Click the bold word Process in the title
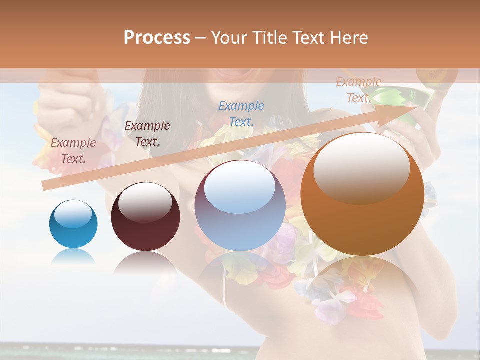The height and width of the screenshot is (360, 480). point(157,38)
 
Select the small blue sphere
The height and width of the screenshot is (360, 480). point(73,224)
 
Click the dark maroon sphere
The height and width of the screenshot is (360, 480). point(145,217)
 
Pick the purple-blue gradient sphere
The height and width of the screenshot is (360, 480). point(240,206)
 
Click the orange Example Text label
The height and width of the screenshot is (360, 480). point(358,90)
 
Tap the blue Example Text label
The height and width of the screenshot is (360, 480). point(241,113)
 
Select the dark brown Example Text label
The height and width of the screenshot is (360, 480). point(147,133)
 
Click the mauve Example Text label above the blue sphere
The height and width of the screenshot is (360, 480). point(73,150)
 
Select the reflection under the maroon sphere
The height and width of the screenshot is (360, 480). point(145,262)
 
